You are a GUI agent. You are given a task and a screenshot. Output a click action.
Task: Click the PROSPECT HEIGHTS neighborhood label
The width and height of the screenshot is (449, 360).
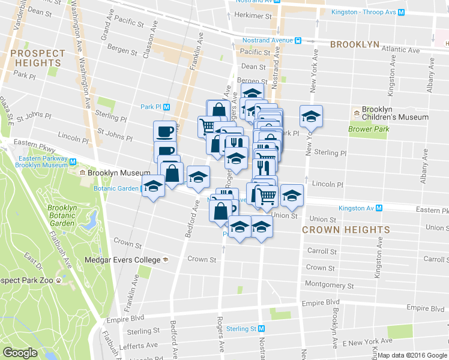37,58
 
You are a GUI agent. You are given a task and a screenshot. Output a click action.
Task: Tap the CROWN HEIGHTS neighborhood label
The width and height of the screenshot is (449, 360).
346,230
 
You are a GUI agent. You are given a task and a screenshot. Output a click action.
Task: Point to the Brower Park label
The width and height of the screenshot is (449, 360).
369,129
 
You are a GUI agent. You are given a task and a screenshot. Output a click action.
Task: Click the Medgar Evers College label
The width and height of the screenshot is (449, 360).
131,260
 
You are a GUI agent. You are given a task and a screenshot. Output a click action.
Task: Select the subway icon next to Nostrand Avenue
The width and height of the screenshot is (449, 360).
298,40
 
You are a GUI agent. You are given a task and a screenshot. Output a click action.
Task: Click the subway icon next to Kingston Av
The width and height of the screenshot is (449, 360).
379,208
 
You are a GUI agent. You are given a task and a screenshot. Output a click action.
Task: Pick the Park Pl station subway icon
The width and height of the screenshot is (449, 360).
167,107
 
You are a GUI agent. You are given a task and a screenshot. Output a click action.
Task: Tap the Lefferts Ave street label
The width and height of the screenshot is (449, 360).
139,346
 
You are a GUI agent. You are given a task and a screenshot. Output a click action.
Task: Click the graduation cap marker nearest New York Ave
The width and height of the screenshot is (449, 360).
311,116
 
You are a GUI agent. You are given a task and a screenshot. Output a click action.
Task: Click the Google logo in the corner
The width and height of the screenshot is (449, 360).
20,353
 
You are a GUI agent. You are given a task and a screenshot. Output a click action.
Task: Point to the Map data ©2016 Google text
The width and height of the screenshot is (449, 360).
412,355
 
